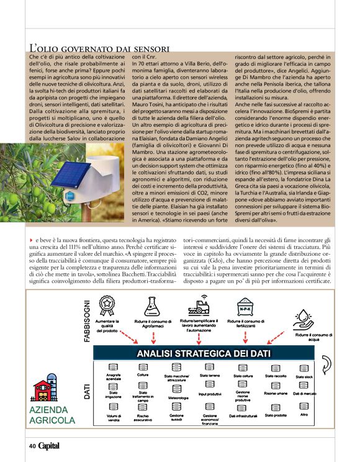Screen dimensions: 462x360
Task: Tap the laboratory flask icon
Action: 151,305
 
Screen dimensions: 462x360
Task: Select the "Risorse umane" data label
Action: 275,393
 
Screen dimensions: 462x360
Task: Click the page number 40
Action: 32,445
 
